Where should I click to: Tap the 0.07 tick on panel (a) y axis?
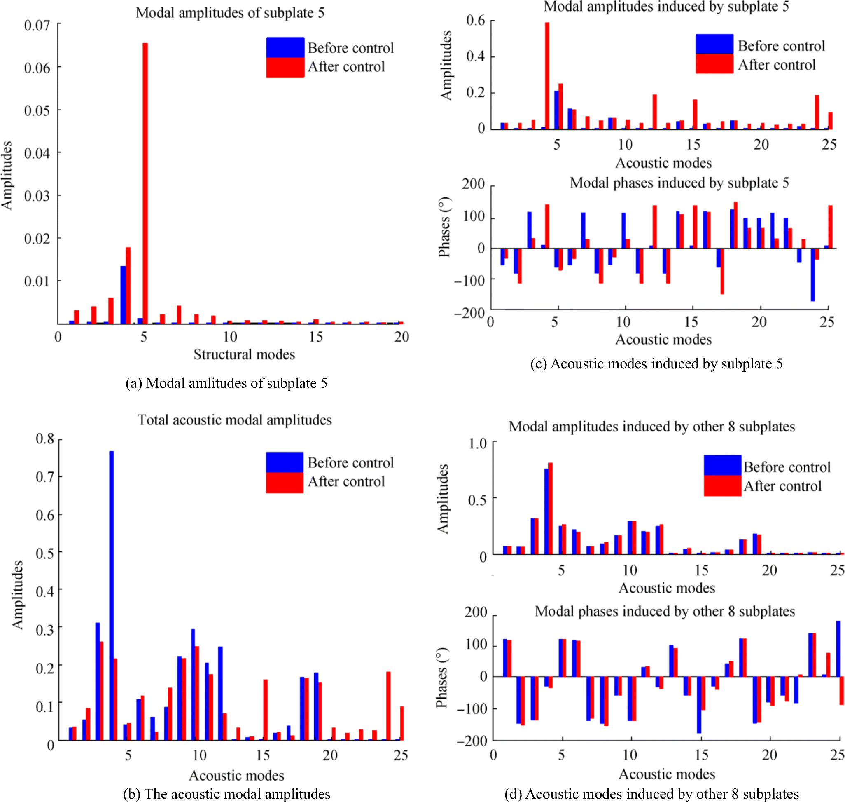tap(37, 26)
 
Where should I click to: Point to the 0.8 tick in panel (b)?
tap(45, 439)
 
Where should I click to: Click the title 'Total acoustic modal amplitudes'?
tap(235, 420)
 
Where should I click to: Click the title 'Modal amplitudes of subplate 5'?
tap(230, 13)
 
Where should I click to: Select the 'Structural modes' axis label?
tap(244, 354)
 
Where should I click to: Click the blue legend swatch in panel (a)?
tap(285, 47)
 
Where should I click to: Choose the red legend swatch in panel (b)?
tap(285, 483)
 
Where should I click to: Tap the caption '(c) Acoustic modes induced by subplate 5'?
tap(656, 364)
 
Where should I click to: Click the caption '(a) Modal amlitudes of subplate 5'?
tap(226, 383)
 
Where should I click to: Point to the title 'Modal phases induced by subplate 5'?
tap(679, 183)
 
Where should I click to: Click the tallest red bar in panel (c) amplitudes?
tap(547, 75)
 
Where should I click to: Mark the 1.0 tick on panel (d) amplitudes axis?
tap(478, 444)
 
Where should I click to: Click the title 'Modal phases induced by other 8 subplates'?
tap(665, 611)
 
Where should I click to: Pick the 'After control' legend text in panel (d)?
tap(782, 486)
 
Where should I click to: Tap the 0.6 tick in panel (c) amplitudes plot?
tap(476, 21)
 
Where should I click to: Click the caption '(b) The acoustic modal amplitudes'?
tap(226, 794)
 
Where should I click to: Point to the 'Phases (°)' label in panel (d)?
tap(442, 678)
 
